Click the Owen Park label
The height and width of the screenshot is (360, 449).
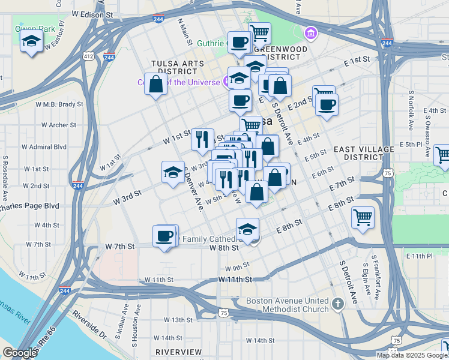tap(35, 29)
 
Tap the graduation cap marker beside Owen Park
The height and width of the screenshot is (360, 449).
tap(31, 42)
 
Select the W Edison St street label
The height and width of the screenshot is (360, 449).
tap(92, 13)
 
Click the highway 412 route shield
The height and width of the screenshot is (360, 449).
tap(89, 56)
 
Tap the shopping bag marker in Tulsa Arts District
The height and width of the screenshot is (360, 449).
tap(156, 85)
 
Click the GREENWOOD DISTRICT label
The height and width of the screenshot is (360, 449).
tap(277, 53)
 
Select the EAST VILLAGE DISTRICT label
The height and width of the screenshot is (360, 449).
tap(364, 152)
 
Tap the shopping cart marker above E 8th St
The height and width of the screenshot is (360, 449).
tap(362, 217)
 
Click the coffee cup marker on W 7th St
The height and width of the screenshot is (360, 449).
tap(164, 236)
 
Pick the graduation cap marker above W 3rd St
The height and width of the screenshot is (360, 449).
tap(173, 172)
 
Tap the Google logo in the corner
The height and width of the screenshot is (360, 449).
tap(20, 353)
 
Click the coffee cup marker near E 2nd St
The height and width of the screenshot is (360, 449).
tap(327, 105)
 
